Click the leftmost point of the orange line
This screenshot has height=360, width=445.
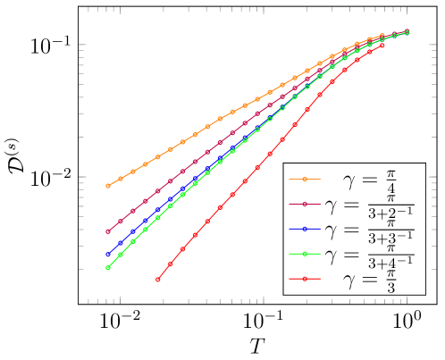[108, 186]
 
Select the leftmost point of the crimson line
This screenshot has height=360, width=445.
[108, 231]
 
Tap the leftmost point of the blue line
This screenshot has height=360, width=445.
[108, 255]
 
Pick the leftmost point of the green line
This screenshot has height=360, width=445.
[108, 267]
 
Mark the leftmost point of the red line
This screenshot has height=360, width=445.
[158, 280]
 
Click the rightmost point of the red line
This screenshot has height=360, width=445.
[382, 45]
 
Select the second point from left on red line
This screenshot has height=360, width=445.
[171, 264]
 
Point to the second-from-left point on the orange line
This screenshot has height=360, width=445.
[121, 179]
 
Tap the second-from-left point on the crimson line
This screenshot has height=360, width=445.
[121, 221]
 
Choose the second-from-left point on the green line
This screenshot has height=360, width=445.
[121, 255]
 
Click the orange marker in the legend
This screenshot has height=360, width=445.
[305, 180]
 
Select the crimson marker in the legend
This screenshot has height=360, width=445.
[305, 205]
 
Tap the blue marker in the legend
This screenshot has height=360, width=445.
[305, 230]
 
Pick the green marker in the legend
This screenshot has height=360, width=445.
[305, 255]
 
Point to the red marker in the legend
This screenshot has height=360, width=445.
[305, 279]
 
